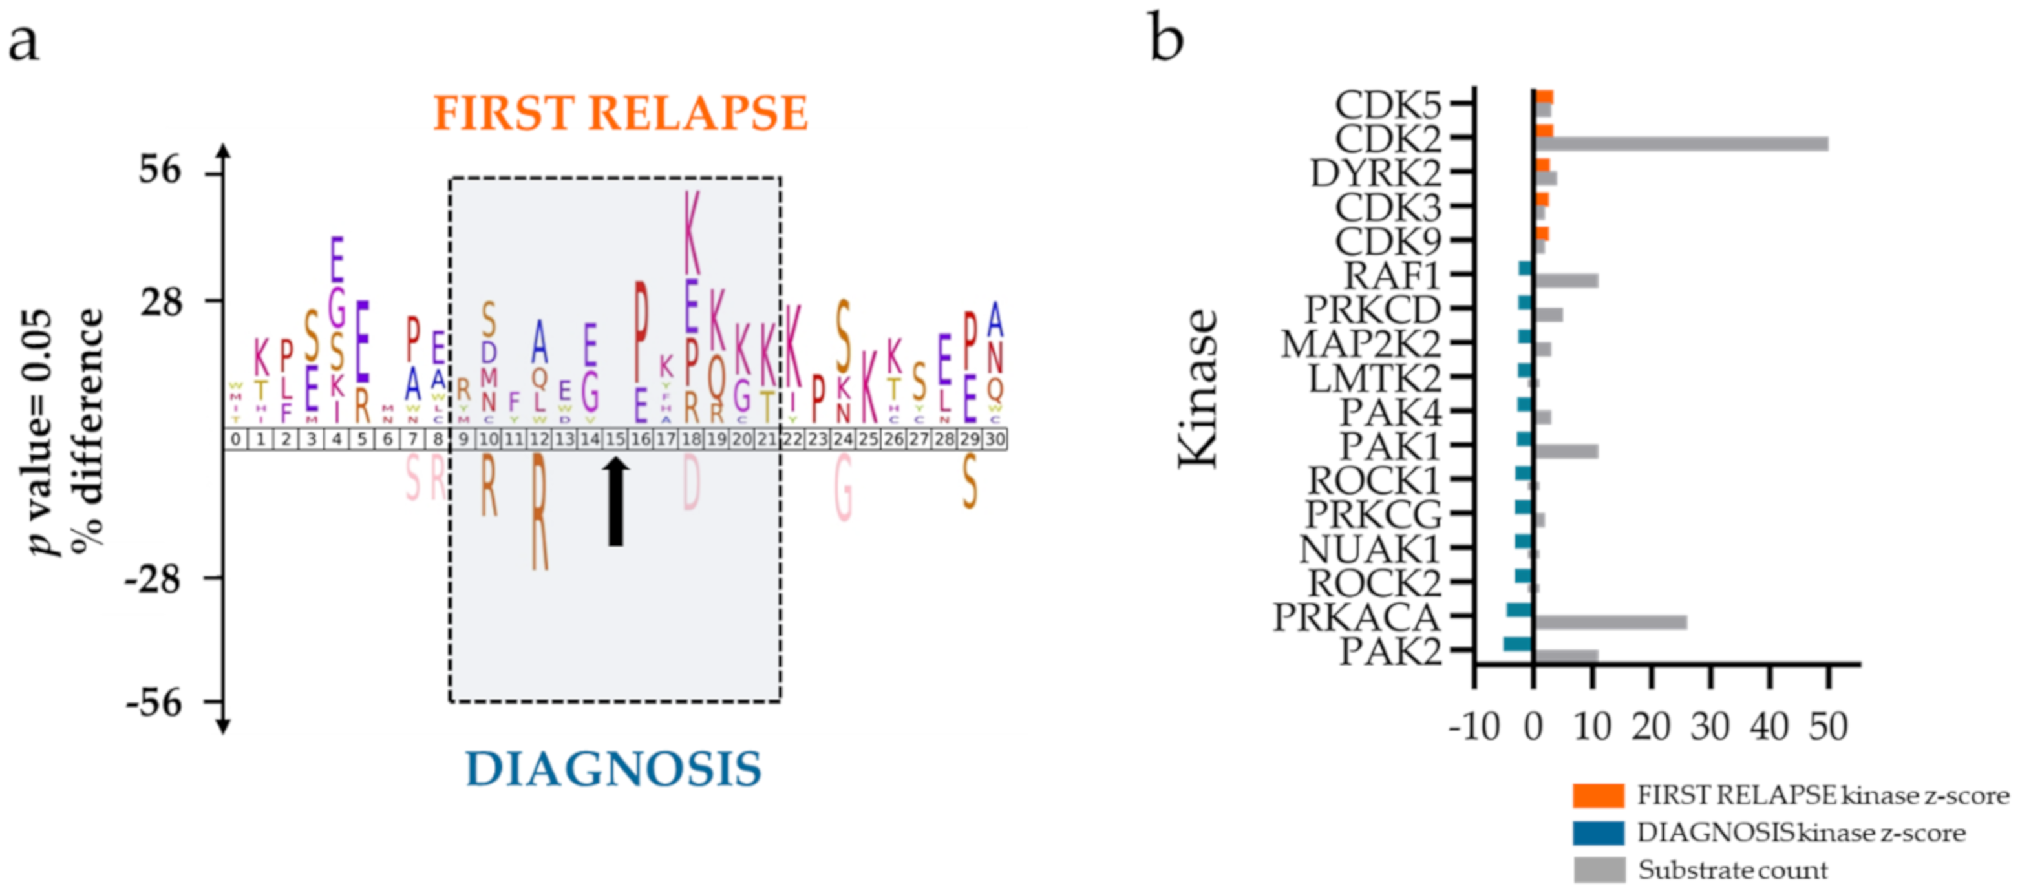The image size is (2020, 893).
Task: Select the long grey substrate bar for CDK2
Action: coord(1686,144)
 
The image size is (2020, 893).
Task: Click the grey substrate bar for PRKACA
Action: coord(1611,622)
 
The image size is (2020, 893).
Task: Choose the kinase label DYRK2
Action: coord(1376,173)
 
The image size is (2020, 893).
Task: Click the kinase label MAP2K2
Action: coord(1361,344)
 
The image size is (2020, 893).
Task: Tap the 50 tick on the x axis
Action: coord(1828,728)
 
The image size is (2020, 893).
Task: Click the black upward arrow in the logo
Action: coord(615,502)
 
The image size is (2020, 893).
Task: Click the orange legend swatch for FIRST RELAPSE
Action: coord(1598,796)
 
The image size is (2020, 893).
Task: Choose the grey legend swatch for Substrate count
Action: coord(1598,870)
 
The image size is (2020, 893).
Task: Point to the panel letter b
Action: coord(1166,37)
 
